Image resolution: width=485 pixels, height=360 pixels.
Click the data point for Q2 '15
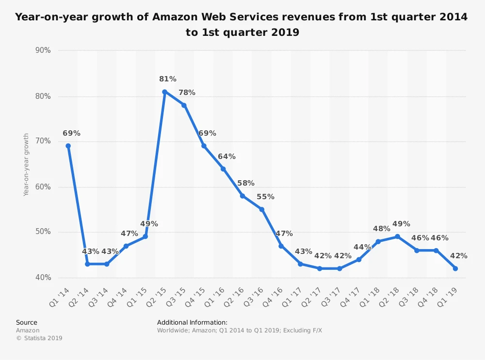click(x=165, y=92)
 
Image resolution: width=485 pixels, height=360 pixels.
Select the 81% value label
click(x=168, y=79)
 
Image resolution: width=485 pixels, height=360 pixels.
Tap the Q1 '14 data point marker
click(x=68, y=146)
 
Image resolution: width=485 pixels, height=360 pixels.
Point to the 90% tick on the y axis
click(x=43, y=50)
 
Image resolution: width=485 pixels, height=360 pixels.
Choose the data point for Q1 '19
click(x=455, y=268)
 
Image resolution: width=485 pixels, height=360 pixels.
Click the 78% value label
click(x=187, y=93)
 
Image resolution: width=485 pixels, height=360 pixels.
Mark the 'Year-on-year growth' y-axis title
click(x=26, y=164)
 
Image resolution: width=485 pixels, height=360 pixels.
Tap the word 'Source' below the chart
click(x=27, y=322)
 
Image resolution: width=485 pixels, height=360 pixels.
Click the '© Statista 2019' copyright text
click(x=39, y=338)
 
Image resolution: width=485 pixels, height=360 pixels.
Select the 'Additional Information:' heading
click(x=192, y=322)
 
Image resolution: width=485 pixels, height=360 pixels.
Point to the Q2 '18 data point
click(x=397, y=236)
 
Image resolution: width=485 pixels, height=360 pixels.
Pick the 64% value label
click(x=226, y=157)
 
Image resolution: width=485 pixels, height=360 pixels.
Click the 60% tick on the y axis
click(x=43, y=187)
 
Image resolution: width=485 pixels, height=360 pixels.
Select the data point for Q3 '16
click(x=262, y=209)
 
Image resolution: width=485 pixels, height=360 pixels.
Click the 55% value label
click(x=265, y=197)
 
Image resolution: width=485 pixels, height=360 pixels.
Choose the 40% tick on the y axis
click(x=43, y=278)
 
